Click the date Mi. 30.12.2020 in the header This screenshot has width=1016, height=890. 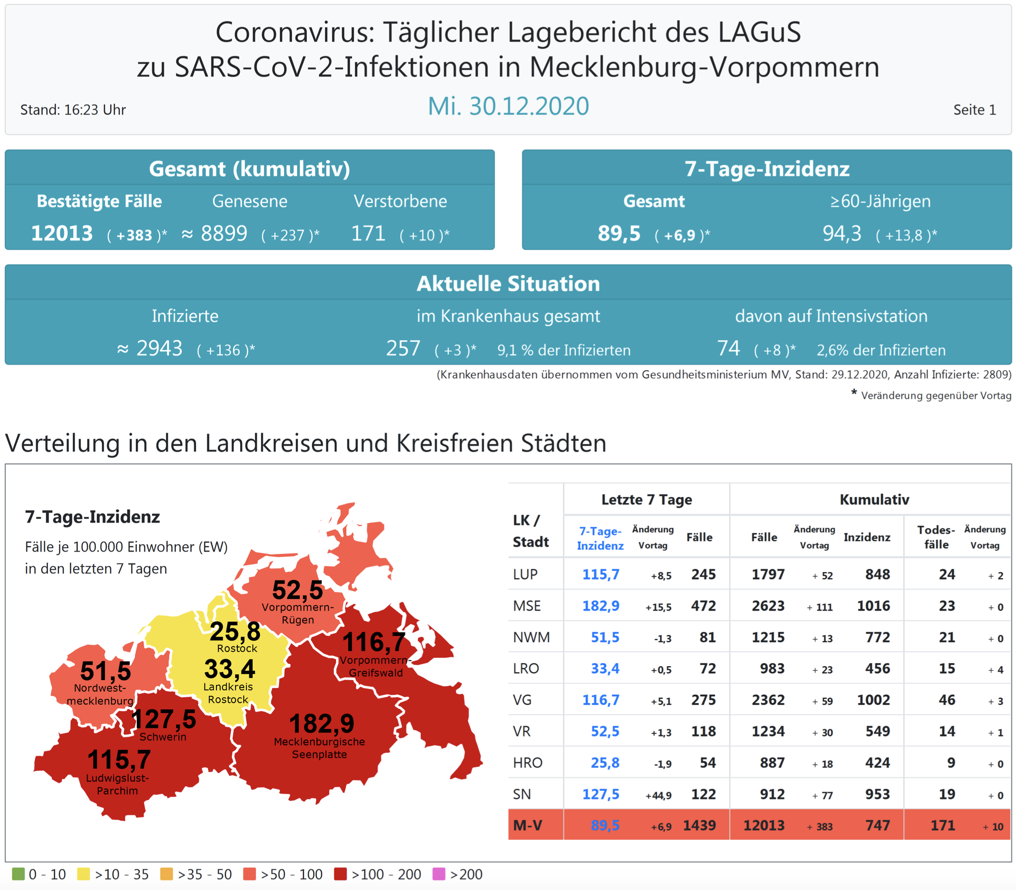coord(508,106)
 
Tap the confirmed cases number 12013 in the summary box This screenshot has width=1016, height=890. coord(62,234)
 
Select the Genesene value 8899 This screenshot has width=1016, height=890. coord(224,234)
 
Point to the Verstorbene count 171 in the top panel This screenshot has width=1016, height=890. coord(368,234)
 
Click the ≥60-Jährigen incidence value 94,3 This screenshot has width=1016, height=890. coord(842,234)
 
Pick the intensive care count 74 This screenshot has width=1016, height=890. coord(728,348)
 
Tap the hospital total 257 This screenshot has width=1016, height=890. coord(403,348)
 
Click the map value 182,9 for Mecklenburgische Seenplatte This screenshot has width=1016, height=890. coord(321,723)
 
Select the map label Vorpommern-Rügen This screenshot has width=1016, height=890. coord(298,613)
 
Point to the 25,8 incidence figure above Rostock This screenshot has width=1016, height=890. coord(235,631)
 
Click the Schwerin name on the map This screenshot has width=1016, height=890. coord(163,737)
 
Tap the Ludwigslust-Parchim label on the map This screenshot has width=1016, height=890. coord(117,784)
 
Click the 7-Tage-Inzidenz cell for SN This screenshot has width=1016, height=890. coord(600,794)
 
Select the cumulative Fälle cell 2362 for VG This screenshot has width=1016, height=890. coord(768,700)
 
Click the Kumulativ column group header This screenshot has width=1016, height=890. coord(874,500)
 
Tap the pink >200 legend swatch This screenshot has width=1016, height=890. coord(438,874)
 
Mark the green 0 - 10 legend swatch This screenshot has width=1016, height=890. coord(18,874)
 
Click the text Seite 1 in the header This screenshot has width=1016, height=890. coord(974,110)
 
